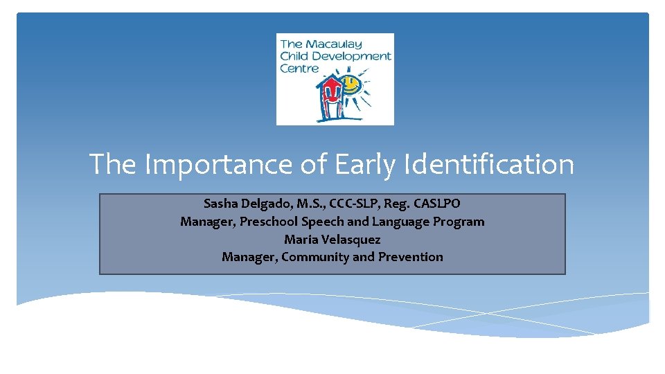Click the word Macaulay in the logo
[335, 44]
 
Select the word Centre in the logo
[299, 68]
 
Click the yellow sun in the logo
[351, 86]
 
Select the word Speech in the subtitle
[322, 222]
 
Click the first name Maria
[299, 240]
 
